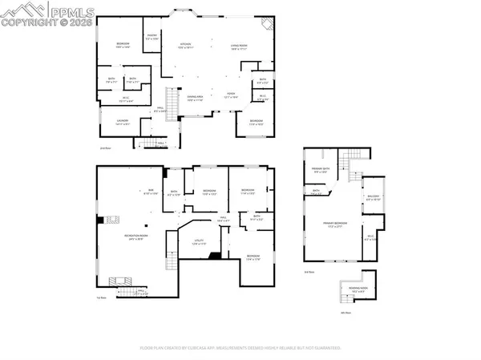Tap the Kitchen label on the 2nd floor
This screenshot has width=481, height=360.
pyautogui.click(x=186, y=46)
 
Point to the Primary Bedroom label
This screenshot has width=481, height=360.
pyautogui.click(x=340, y=225)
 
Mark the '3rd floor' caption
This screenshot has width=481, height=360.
pyautogui.click(x=309, y=273)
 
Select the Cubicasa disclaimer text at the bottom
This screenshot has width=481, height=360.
pyautogui.click(x=240, y=349)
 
